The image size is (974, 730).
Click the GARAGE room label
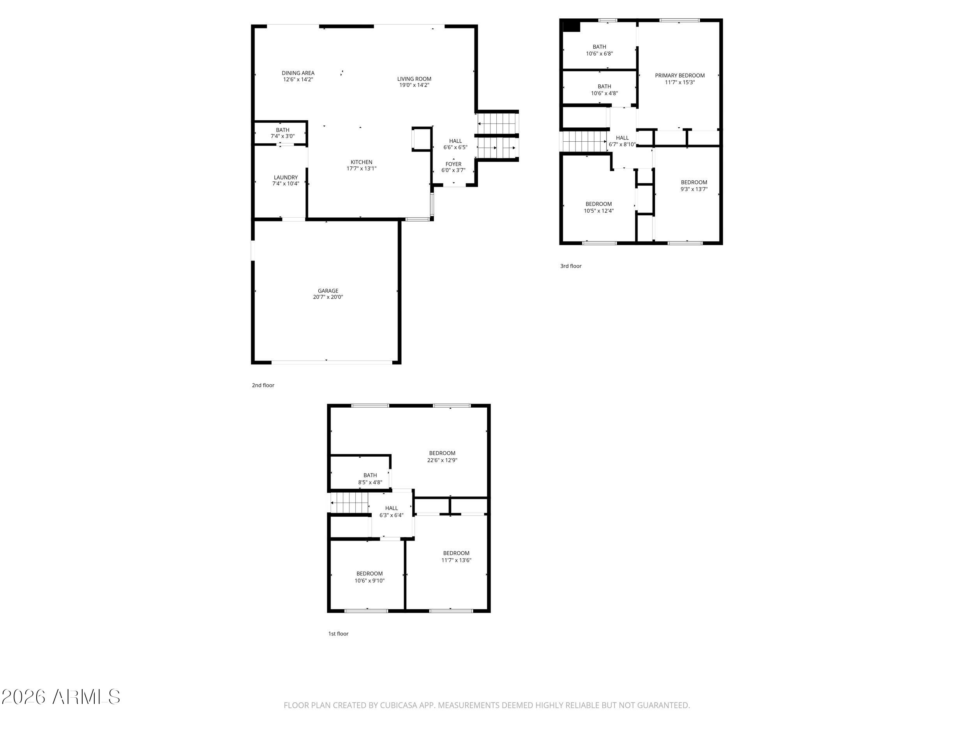tap(328, 291)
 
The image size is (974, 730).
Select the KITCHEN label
tap(362, 162)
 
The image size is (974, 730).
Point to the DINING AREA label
tap(298, 73)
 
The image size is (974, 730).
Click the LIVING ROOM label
tap(415, 79)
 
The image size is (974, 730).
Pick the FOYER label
tap(453, 164)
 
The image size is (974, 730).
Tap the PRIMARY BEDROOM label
tap(680, 76)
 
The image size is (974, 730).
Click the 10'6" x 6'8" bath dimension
tap(599, 54)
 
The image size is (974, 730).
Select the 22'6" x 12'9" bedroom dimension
tap(442, 460)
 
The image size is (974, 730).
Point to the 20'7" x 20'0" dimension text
tap(328, 297)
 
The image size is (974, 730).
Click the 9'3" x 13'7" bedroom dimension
tap(694, 189)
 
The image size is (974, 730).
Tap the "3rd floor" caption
tap(571, 266)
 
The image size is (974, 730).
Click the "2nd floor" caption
tap(263, 385)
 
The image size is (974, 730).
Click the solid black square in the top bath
tap(572, 26)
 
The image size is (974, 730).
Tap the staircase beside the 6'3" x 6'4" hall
tap(349, 503)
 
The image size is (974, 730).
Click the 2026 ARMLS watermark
tap(61, 697)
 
